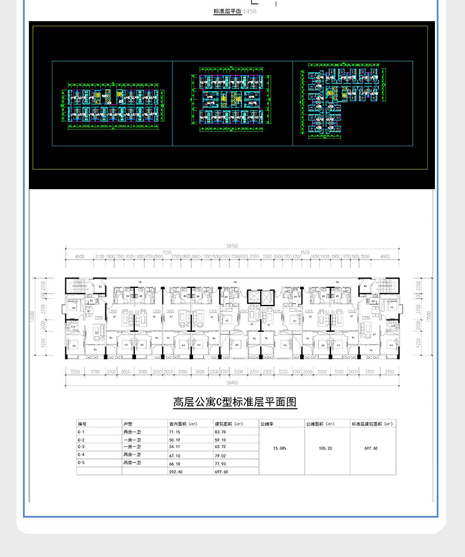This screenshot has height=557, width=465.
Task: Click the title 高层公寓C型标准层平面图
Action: coord(235,402)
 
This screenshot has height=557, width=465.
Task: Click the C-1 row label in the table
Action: coord(81,432)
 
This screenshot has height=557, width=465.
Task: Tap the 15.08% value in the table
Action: coord(281,448)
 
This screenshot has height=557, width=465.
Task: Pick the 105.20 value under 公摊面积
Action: coord(325,448)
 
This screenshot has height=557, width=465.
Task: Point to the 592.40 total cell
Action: coord(176,471)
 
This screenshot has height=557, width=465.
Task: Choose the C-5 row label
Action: coord(81,463)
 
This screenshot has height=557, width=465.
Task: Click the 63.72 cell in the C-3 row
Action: coord(221,447)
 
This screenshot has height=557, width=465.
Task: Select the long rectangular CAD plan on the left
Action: coord(112,106)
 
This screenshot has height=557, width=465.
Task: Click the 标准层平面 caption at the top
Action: coord(227,11)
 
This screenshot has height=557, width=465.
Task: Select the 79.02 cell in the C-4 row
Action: coord(221,455)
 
